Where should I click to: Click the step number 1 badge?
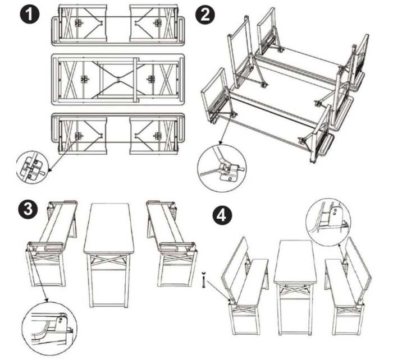[x=30, y=15]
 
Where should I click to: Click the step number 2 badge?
[x=204, y=15]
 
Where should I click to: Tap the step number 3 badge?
[x=28, y=209]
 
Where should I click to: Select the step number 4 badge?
[x=222, y=215]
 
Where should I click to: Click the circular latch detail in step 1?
[x=32, y=167]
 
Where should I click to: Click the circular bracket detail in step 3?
[x=49, y=329]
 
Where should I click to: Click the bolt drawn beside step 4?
[x=203, y=280]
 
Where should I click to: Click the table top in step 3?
[x=109, y=228]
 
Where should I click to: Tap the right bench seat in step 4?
[x=342, y=283]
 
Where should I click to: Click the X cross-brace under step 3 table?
[x=108, y=260]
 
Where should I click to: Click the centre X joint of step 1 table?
[x=118, y=80]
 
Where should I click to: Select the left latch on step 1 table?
[x=84, y=80]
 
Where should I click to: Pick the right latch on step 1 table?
[x=151, y=80]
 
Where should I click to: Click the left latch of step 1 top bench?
[x=79, y=23]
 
